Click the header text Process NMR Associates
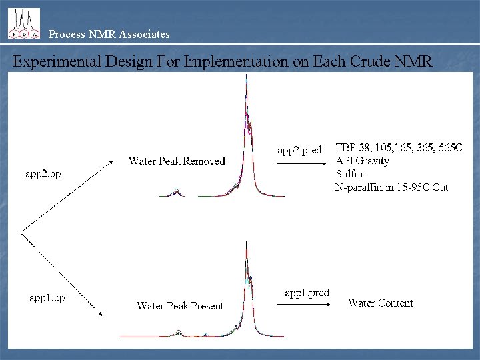click(109, 33)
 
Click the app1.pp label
click(46, 298)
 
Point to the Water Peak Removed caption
click(177, 161)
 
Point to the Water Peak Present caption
click(180, 306)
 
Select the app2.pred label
click(300, 150)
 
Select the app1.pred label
click(307, 293)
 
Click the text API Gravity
click(363, 161)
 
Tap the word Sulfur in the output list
click(352, 174)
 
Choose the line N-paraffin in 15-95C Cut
click(391, 187)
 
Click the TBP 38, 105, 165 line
click(398, 147)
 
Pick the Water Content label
click(381, 303)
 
